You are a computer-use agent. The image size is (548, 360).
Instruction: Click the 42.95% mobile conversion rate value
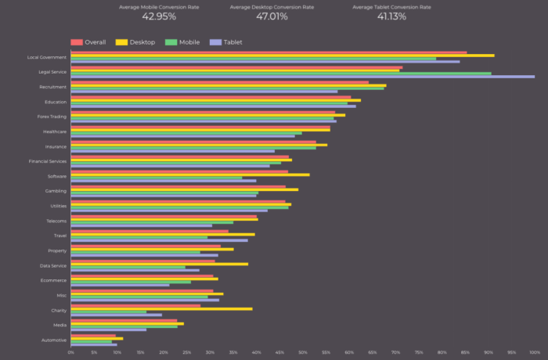pos(159,16)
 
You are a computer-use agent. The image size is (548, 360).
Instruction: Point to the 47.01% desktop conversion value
pos(272,16)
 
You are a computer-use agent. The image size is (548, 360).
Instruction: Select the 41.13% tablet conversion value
pos(391,16)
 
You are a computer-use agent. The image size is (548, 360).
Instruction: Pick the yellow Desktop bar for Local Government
pos(282,56)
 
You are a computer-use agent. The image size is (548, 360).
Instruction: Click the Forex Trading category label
pos(52,117)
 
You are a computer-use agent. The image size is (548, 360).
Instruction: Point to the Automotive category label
pos(53,340)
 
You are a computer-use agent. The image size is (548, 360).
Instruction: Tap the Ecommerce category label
pos(53,280)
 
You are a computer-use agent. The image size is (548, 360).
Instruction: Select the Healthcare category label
pos(54,131)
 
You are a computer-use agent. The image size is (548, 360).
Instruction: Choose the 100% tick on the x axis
pos(535,352)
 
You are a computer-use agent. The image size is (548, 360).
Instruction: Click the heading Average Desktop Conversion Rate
pos(272,7)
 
